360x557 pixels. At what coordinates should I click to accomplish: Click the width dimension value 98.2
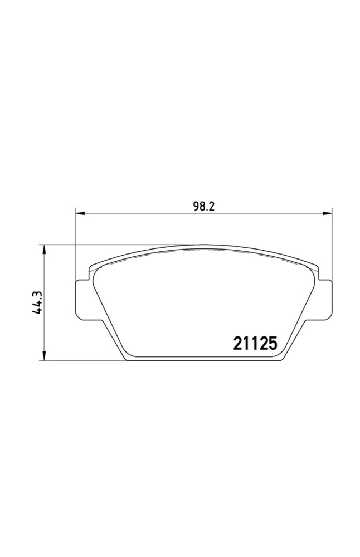point(204,206)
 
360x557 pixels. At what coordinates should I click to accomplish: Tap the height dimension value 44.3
point(38,302)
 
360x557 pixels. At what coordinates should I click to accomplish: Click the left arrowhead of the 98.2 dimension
point(79,213)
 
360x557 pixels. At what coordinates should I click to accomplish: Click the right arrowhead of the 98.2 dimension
point(328,213)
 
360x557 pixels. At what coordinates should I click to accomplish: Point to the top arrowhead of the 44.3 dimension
point(43,248)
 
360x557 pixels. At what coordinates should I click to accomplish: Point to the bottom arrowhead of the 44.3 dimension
point(43,357)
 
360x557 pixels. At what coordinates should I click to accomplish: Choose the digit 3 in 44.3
point(38,293)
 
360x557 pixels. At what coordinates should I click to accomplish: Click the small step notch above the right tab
point(318,274)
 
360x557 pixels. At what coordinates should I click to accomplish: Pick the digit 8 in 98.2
point(202,206)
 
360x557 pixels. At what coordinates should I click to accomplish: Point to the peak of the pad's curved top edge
point(203,245)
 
